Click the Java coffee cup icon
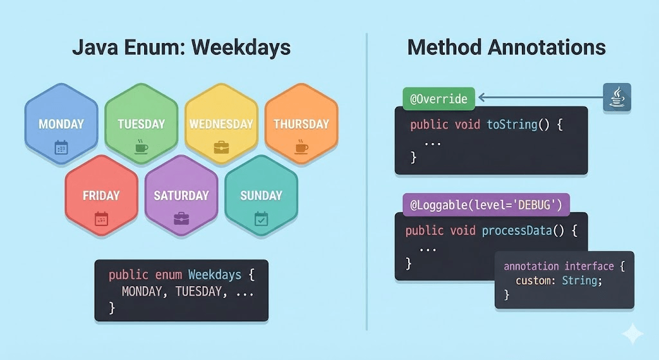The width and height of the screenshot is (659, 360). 617,98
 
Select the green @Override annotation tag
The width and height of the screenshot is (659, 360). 438,99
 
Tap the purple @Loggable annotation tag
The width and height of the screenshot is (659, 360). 486,205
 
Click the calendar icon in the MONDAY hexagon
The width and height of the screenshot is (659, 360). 61,147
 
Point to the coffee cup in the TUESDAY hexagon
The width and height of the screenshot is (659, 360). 141,147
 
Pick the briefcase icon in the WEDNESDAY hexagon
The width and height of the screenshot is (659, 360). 221,147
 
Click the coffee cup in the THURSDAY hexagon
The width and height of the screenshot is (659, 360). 301,147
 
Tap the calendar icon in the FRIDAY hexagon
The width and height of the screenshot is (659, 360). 101,219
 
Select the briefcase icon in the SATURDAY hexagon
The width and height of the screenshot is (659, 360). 181,219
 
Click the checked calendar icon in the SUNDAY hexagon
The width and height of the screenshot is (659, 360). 261,219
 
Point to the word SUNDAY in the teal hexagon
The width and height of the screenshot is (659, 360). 261,196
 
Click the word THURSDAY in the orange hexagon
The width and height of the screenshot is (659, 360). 301,124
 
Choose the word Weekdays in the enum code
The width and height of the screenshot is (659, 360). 214,275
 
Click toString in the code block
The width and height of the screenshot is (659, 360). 512,124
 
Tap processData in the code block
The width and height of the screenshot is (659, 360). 516,230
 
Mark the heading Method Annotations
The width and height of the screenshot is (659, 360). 506,47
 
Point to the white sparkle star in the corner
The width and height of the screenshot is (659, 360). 632,334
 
